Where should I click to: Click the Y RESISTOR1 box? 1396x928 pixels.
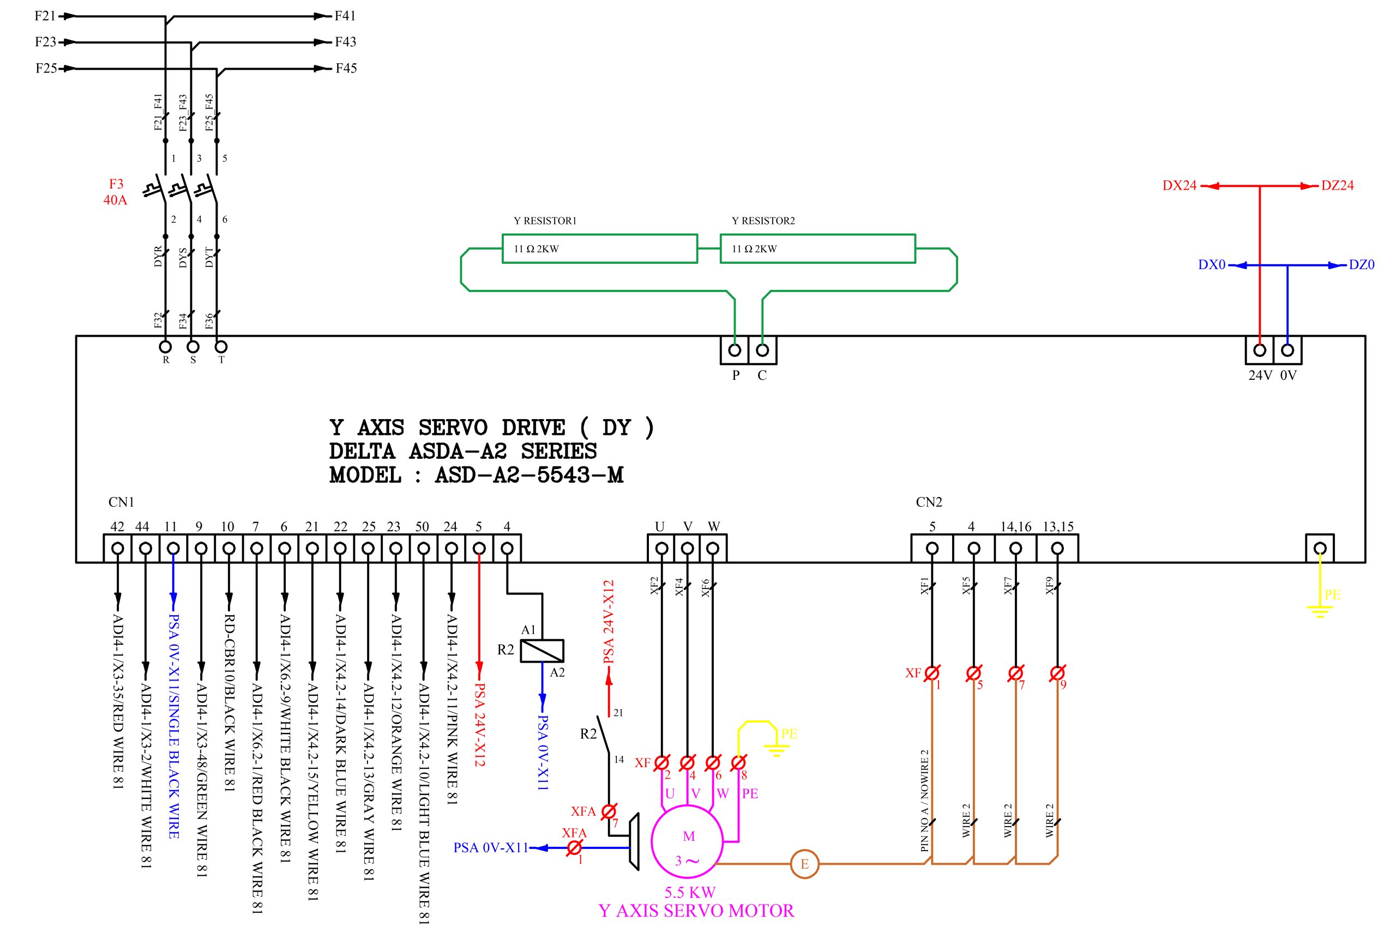[599, 248]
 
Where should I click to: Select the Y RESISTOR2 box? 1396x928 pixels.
[817, 248]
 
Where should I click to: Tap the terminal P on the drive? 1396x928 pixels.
[735, 350]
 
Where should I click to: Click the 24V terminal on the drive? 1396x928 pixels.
[1260, 350]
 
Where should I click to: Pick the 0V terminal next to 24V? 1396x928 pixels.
[1287, 350]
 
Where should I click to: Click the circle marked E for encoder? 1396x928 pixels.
[804, 864]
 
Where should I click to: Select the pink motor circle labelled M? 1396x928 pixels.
[688, 841]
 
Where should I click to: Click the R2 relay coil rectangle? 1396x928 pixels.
[542, 651]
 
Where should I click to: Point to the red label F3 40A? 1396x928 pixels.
[116, 192]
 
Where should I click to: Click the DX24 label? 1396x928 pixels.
[1179, 185]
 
